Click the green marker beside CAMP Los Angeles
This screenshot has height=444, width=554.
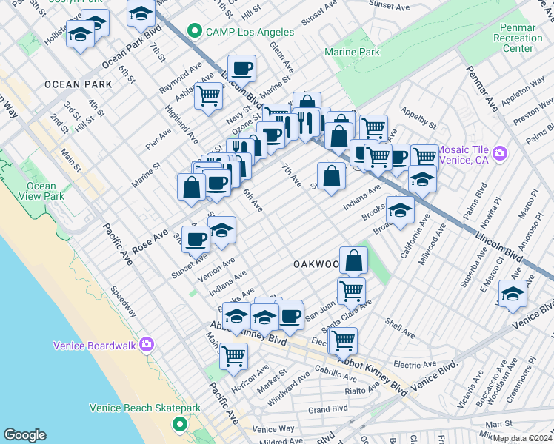(195, 31)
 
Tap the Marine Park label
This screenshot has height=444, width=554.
(352, 52)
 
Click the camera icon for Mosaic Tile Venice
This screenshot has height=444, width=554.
(501, 153)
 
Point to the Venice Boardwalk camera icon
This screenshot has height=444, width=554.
(147, 345)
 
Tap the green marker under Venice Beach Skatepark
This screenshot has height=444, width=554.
(178, 424)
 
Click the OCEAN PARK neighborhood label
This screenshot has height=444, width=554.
(79, 84)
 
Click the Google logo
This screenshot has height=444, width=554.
(24, 435)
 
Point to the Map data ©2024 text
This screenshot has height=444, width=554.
(521, 437)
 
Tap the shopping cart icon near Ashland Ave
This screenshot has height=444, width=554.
(209, 95)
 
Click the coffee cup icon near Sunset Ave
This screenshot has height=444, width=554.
(196, 238)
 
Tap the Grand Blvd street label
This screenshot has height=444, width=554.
(328, 408)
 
